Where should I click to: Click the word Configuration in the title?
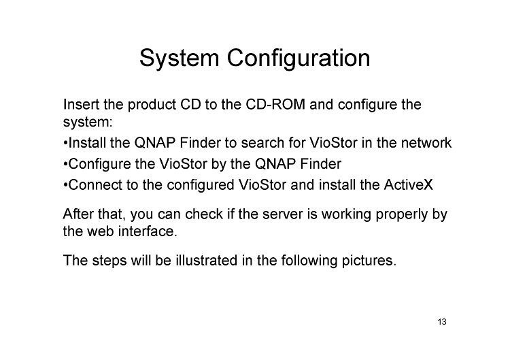click(x=299, y=59)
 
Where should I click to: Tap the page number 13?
click(x=442, y=322)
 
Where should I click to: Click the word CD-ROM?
click(x=275, y=105)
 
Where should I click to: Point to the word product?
click(x=152, y=105)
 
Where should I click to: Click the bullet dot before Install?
click(x=65, y=143)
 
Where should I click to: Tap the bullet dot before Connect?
click(x=65, y=185)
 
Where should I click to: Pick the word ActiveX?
click(x=409, y=185)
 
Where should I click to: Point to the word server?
click(x=280, y=214)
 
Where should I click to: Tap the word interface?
click(x=148, y=231)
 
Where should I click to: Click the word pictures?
click(x=369, y=261)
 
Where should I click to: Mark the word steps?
click(x=109, y=261)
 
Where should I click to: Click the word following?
click(x=309, y=261)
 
